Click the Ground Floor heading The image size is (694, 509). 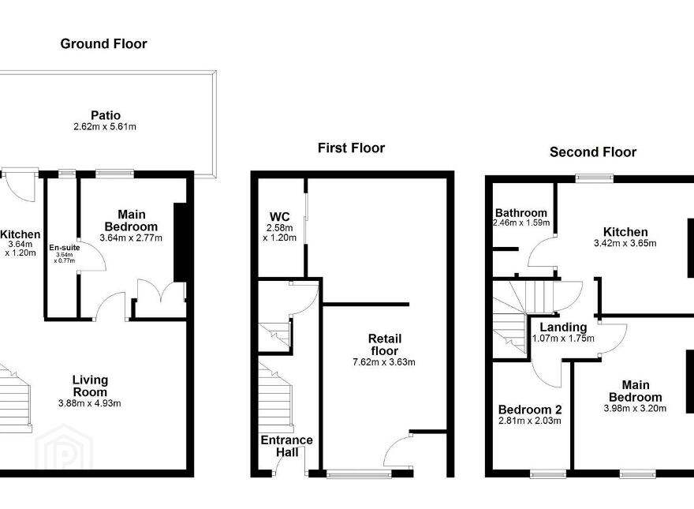(103, 44)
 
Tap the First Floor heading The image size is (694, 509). (352, 148)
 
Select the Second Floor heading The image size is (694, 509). (593, 152)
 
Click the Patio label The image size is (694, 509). (106, 115)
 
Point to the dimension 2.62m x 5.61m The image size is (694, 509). (105, 127)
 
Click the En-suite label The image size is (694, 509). (65, 248)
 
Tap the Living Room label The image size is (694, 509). (90, 386)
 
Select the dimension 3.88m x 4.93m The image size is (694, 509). (89, 403)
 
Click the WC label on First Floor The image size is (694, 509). (280, 217)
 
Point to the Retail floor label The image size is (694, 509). (385, 345)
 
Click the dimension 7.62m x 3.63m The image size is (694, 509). (384, 362)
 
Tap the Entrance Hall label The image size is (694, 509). (287, 446)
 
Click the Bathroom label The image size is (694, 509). (521, 213)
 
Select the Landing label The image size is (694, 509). (563, 327)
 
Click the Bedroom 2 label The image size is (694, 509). (530, 410)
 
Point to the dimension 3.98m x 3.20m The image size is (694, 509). (635, 409)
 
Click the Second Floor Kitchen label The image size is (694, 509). (625, 232)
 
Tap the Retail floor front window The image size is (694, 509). (359, 474)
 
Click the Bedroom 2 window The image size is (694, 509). (548, 474)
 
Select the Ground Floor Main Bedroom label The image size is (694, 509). (131, 221)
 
